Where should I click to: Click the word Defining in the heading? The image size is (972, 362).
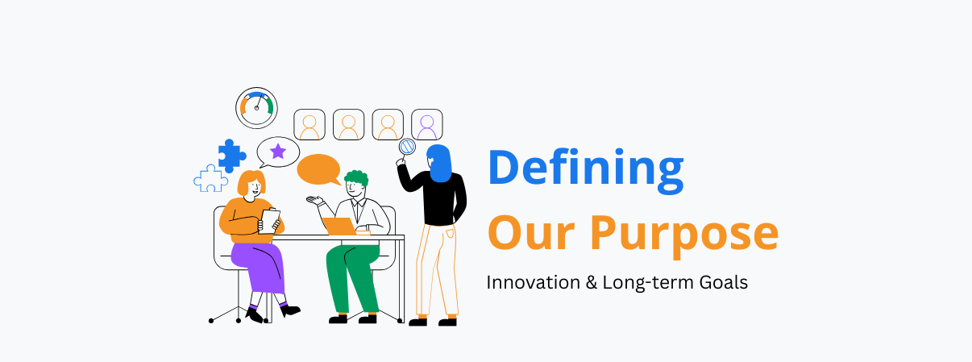tap(586, 170)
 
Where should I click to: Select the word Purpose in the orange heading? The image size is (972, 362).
tap(684, 235)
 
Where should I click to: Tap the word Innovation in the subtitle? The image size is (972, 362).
tap(533, 282)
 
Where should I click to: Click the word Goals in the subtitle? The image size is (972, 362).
tap(724, 282)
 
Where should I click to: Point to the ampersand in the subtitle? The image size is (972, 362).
tap(591, 282)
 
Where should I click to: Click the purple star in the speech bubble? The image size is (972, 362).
tap(278, 151)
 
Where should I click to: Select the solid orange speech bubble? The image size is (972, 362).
tap(319, 170)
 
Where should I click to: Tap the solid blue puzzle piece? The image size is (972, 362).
tap(232, 156)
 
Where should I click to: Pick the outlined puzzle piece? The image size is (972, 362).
tap(211, 178)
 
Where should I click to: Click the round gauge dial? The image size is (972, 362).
tap(256, 108)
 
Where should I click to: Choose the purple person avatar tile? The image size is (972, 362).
tap(427, 125)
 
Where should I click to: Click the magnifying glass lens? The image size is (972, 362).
tap(407, 147)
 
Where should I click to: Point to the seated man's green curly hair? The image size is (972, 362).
tap(356, 178)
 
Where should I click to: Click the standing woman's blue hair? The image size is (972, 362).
tap(439, 163)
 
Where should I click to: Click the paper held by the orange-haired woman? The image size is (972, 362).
tap(269, 222)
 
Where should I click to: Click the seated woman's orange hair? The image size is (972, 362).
tap(251, 182)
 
